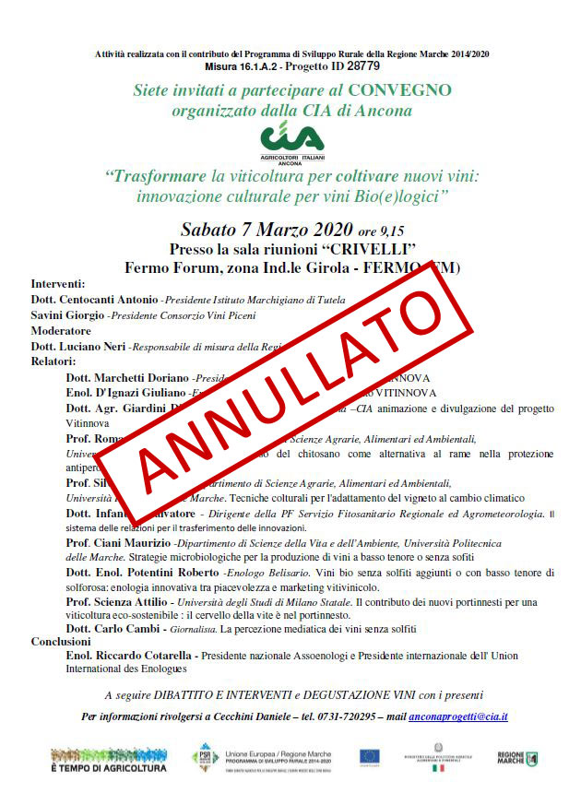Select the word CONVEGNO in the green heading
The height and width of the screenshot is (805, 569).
pos(399,90)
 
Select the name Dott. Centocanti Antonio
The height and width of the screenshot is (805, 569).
pos(94,300)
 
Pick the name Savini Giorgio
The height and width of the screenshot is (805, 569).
pos(67,315)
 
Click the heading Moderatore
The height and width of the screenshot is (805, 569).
pos(61,330)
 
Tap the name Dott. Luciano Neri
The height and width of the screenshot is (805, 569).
pos(78,346)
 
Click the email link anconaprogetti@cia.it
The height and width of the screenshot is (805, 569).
pos(457,716)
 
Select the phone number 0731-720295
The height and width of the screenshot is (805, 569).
pos(353,716)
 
